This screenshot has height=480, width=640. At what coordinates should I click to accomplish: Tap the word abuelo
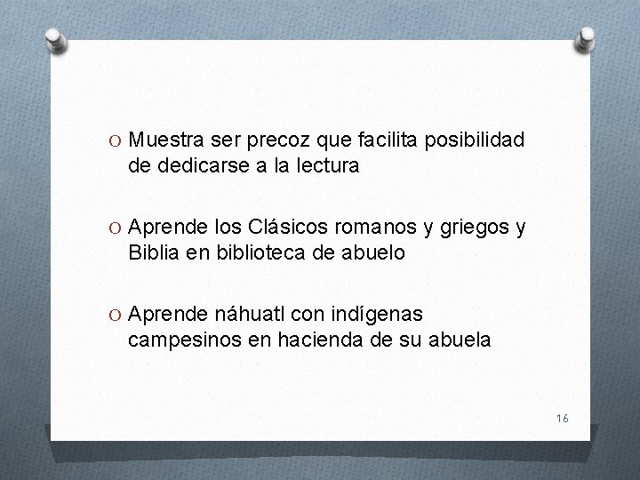coord(372,252)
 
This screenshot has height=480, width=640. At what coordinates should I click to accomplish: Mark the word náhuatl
coord(248,314)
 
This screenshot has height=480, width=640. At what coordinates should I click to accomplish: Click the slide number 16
coord(562,417)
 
